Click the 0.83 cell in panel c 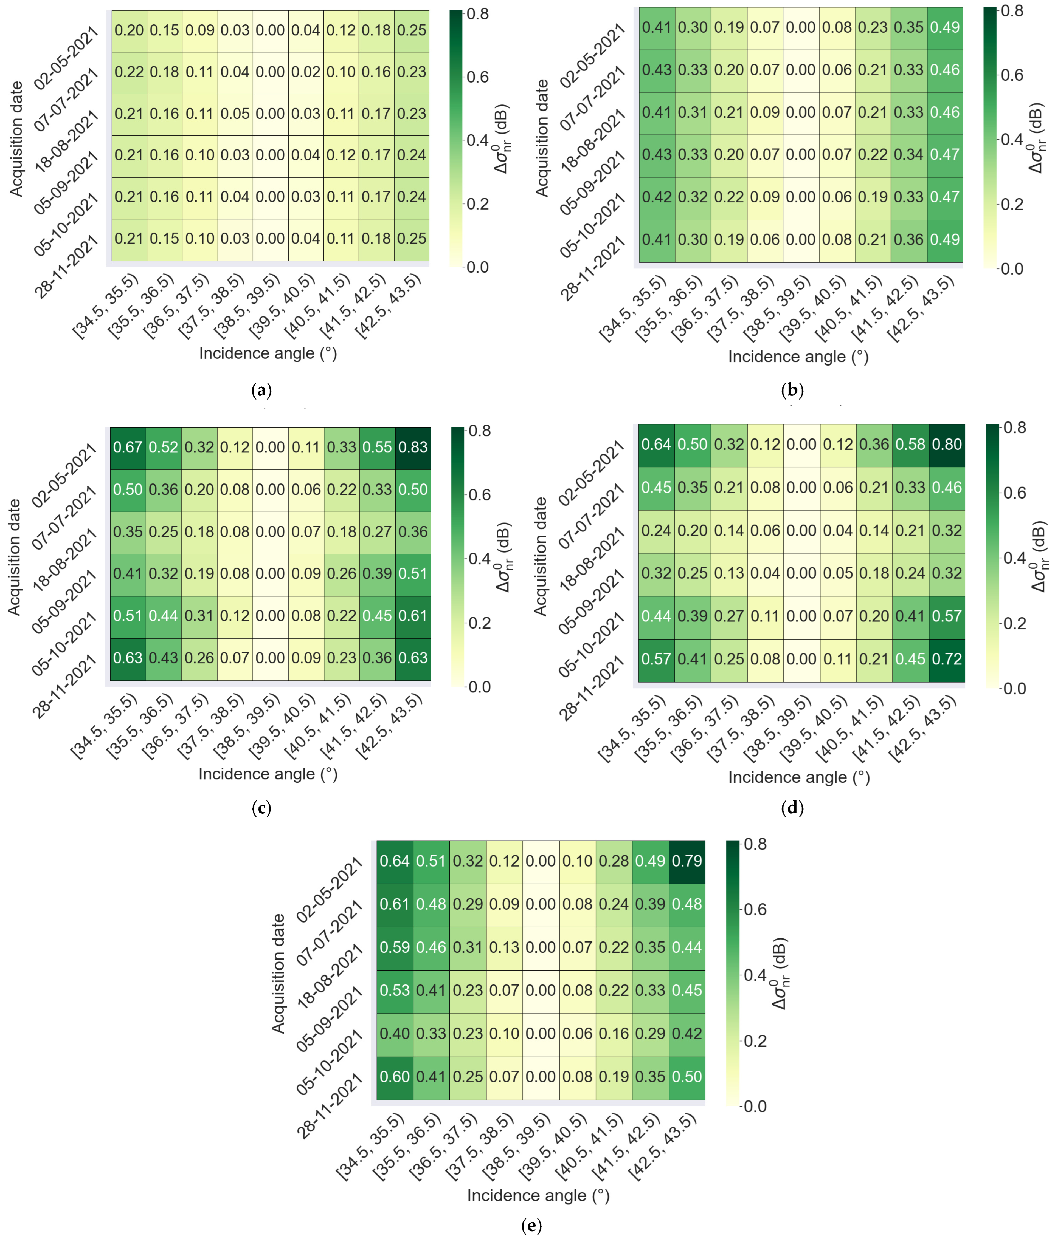point(413,447)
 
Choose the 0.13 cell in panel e point(504,947)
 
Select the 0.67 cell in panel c point(128,447)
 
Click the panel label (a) point(262,390)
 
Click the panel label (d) point(792,808)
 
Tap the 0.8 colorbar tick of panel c point(479,431)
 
